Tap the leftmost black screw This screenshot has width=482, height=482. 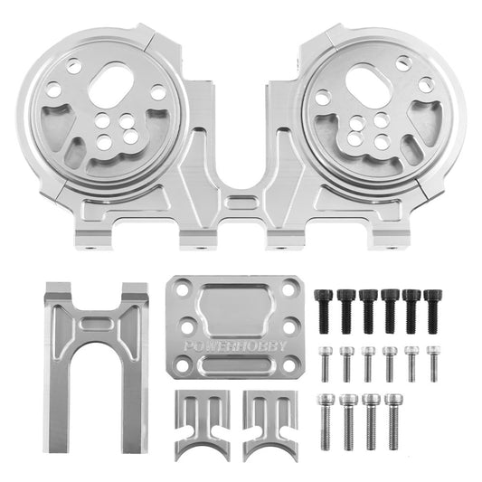point(323,307)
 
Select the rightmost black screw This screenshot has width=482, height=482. point(434,307)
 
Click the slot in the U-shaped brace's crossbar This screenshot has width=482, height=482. point(97,323)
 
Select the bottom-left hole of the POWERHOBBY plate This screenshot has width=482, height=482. point(184,364)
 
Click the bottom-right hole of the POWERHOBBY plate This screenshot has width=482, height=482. point(289,364)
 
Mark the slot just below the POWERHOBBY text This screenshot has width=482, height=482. point(235,365)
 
